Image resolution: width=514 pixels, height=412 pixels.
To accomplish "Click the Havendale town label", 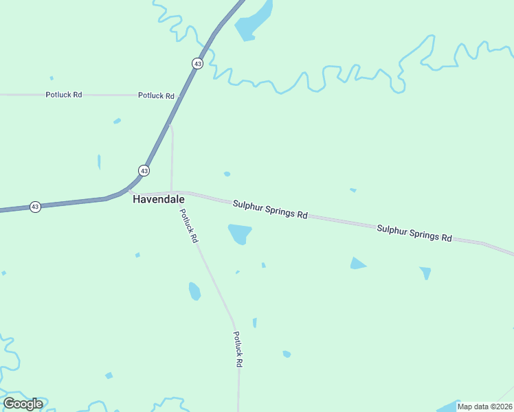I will (x=158, y=199).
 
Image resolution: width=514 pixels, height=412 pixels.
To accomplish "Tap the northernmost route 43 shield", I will (x=197, y=63).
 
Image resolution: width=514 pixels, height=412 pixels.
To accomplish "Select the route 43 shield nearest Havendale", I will (x=144, y=170).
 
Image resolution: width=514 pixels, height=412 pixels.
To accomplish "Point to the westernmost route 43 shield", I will (x=35, y=207).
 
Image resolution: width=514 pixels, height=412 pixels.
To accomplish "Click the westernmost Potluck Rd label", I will (x=64, y=95).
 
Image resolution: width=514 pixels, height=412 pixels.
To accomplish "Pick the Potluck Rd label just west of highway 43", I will (x=156, y=95).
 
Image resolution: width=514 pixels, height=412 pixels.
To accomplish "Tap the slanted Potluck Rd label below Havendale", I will (x=189, y=226).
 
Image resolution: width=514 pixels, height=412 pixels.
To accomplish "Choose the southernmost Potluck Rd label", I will (x=238, y=350).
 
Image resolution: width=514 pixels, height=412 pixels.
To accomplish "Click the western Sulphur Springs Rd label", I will (x=269, y=209).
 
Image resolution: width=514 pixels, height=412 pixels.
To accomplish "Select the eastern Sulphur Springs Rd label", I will (x=414, y=232).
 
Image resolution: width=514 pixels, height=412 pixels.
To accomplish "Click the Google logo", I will (x=23, y=404).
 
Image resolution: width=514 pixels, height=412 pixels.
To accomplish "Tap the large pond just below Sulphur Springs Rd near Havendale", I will (x=240, y=233).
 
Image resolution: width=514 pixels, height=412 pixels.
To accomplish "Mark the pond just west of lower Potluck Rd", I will (x=194, y=291).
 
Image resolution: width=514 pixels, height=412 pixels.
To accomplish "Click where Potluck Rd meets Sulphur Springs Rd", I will (x=172, y=192).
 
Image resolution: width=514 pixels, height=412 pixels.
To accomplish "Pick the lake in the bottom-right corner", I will (x=450, y=406).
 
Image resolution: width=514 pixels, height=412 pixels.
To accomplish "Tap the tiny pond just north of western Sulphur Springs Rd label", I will (x=227, y=174).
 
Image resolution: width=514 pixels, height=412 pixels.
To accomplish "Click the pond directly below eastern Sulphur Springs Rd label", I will (x=426, y=273).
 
